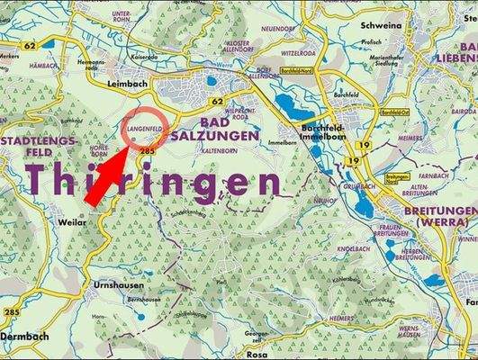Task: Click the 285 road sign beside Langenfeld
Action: [147, 153]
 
